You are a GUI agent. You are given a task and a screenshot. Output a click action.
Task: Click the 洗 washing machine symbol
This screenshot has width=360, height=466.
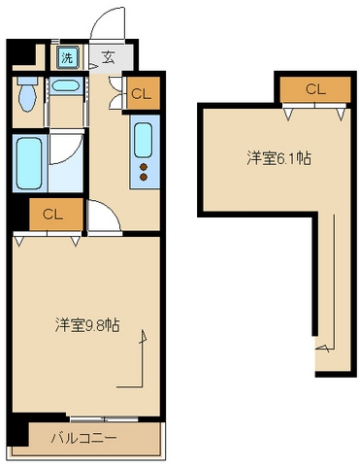click(67, 57)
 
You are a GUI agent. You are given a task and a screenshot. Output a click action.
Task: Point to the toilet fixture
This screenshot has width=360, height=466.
click(27, 95)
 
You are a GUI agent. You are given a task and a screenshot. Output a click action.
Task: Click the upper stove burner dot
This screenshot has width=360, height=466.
click(145, 166)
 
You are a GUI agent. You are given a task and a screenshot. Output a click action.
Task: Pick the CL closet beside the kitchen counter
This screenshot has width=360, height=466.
click(141, 94)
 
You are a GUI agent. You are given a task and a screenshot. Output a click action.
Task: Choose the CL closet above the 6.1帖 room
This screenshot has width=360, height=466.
click(314, 89)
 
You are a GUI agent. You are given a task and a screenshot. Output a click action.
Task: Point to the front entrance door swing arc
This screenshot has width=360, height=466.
click(108, 21)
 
